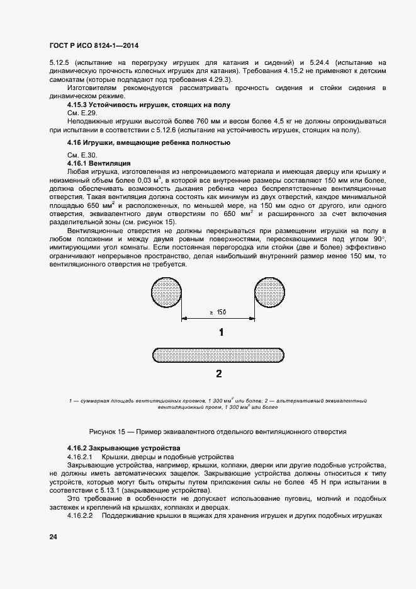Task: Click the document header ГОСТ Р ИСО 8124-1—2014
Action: (x=93, y=45)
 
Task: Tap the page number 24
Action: (x=52, y=537)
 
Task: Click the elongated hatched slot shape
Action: (x=218, y=354)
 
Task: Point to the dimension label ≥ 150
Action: (x=217, y=312)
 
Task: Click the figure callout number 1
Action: (x=220, y=332)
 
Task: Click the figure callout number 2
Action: (x=218, y=374)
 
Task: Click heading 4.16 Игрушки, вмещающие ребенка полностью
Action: (x=139, y=143)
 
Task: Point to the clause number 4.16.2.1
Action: (x=80, y=455)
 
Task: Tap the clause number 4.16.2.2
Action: (x=80, y=515)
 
